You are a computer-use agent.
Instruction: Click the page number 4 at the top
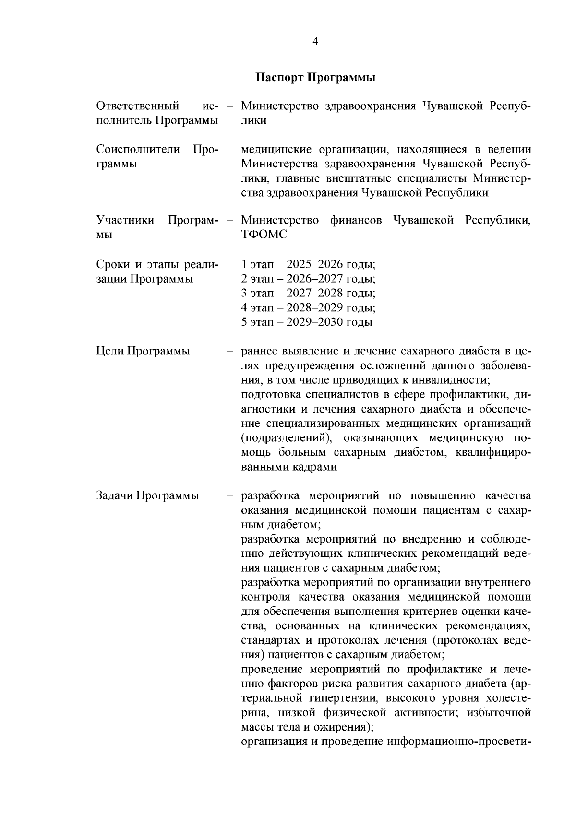click(315, 42)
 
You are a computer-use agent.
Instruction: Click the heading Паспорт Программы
click(315, 78)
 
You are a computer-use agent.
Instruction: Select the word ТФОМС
click(264, 235)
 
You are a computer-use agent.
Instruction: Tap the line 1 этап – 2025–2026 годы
click(308, 264)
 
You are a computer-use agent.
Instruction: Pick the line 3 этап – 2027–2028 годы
click(308, 293)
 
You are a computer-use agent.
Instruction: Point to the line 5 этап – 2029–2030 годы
click(307, 322)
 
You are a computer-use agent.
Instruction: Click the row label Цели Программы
click(143, 351)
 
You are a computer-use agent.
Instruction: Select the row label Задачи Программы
click(147, 495)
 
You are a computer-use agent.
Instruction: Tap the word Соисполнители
click(138, 149)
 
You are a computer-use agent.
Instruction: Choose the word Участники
click(125, 221)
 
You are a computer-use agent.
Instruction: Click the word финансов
click(356, 221)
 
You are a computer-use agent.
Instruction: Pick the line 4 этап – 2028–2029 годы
click(308, 307)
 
